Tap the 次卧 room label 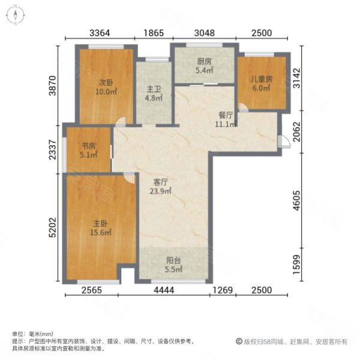coord(91,83)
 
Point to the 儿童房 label coord(262,79)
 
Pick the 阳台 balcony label coord(173,261)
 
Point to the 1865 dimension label coord(153,33)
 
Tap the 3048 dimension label coord(204,33)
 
